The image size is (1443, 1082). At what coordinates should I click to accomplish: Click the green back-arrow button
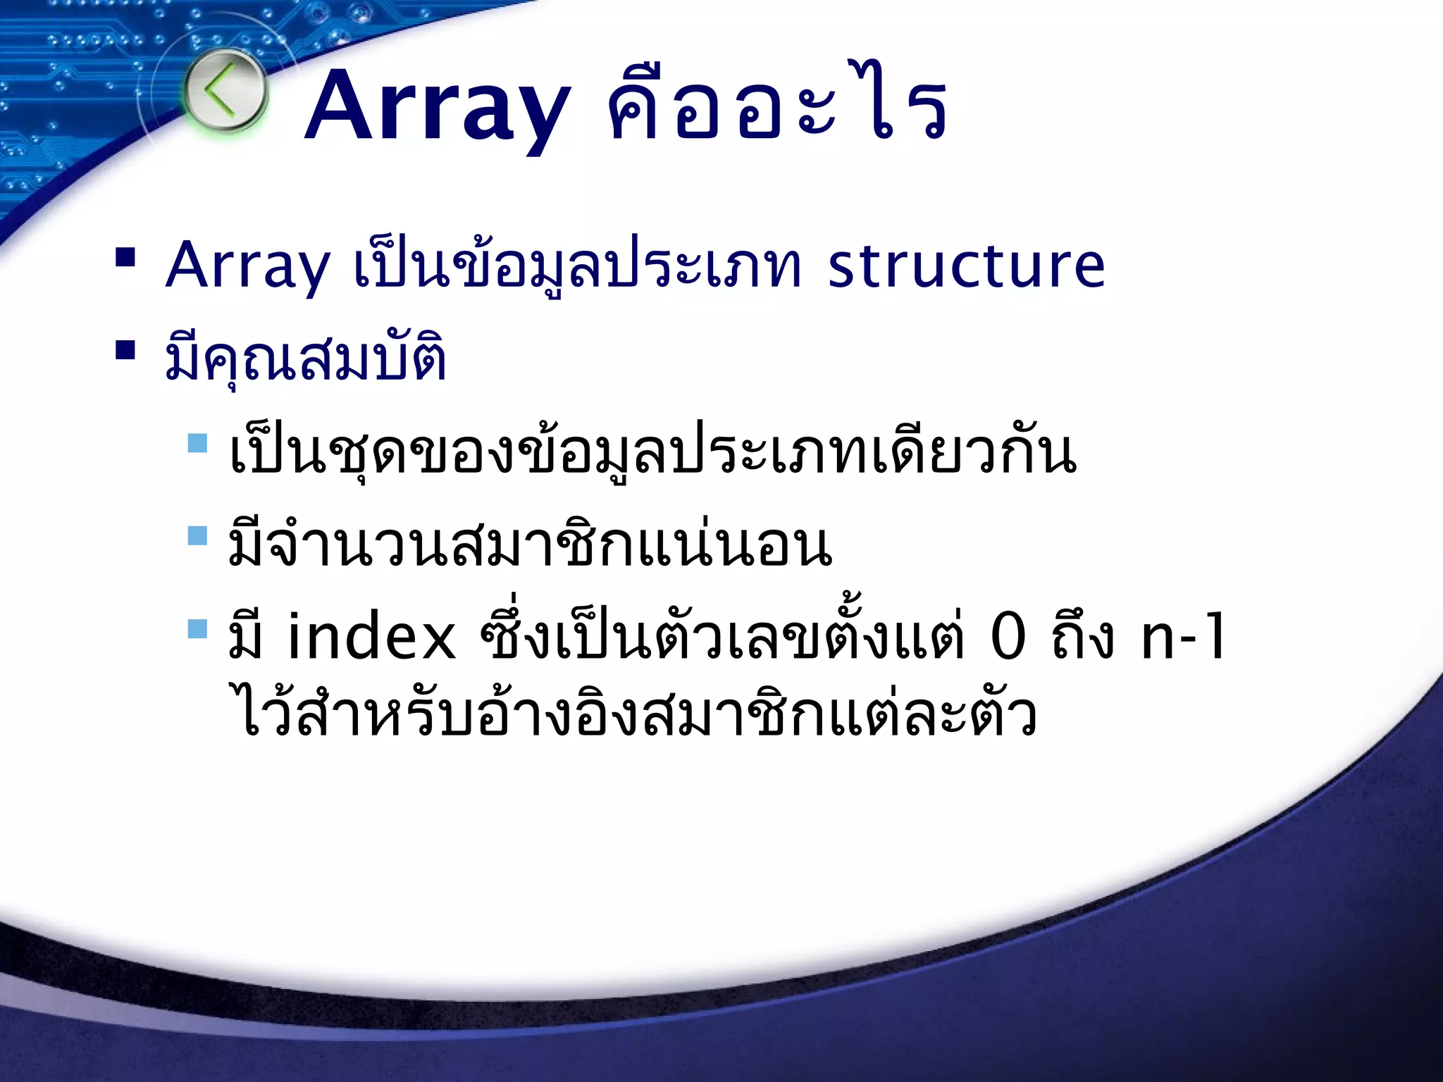(225, 92)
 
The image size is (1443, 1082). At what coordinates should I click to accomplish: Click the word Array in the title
(437, 107)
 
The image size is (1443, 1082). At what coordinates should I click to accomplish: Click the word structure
(966, 266)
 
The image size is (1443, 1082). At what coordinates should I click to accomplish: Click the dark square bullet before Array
(125, 258)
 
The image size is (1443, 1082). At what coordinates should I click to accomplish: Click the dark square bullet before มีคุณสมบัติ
(125, 350)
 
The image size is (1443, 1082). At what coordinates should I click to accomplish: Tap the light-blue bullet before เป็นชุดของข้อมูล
(198, 443)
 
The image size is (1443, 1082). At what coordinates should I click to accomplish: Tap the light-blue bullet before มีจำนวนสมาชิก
(198, 536)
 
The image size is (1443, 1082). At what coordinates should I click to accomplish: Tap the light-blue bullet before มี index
(198, 628)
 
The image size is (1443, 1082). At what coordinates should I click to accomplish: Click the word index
(371, 638)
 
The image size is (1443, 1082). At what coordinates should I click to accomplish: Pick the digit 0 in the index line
(1008, 638)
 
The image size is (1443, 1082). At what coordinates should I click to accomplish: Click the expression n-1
(1184, 638)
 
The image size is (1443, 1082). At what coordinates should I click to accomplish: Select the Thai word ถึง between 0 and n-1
(1083, 638)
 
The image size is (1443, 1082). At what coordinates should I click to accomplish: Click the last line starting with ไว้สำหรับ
(634, 715)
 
